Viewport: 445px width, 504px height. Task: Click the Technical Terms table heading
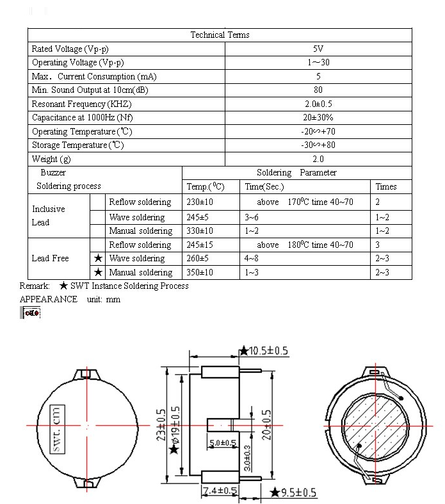tap(220, 35)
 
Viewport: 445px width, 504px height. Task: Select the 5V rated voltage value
tap(318, 49)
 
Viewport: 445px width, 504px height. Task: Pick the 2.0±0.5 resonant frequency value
tap(318, 104)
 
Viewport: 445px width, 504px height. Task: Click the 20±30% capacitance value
tap(318, 118)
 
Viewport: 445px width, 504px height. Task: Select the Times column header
tap(386, 186)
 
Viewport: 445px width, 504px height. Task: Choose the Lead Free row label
tap(50, 258)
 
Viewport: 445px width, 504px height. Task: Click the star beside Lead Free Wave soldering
tap(98, 259)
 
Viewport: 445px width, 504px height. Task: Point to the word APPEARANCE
tap(49, 299)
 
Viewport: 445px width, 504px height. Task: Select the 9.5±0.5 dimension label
tap(297, 492)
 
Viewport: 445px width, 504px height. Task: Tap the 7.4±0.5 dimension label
tap(220, 491)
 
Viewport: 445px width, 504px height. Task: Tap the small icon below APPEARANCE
tap(31, 313)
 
